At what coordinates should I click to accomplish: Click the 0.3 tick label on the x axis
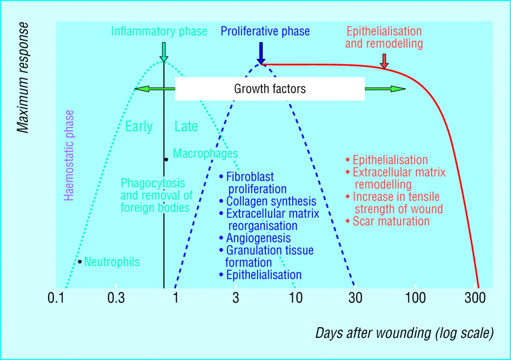116,298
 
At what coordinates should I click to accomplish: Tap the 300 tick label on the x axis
475,298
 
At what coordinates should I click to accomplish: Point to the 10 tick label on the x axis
296,298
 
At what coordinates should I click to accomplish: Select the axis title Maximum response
23,77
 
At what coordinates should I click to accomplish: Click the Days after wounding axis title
404,333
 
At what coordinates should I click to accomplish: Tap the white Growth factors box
270,89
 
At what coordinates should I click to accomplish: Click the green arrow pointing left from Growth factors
155,89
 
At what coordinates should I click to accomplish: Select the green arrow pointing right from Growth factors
385,89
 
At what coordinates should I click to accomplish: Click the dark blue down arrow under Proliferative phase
261,53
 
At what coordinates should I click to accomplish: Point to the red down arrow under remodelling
384,61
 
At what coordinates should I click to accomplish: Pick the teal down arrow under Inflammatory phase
164,52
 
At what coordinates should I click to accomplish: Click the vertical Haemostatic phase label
69,155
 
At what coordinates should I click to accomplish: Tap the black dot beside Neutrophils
79,262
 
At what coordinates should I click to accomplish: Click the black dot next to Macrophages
166,160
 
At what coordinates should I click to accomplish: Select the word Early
139,127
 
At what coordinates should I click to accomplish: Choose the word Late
186,127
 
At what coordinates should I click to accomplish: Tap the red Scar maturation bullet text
391,221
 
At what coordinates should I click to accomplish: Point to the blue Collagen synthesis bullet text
271,202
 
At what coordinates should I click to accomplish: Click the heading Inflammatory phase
159,32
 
